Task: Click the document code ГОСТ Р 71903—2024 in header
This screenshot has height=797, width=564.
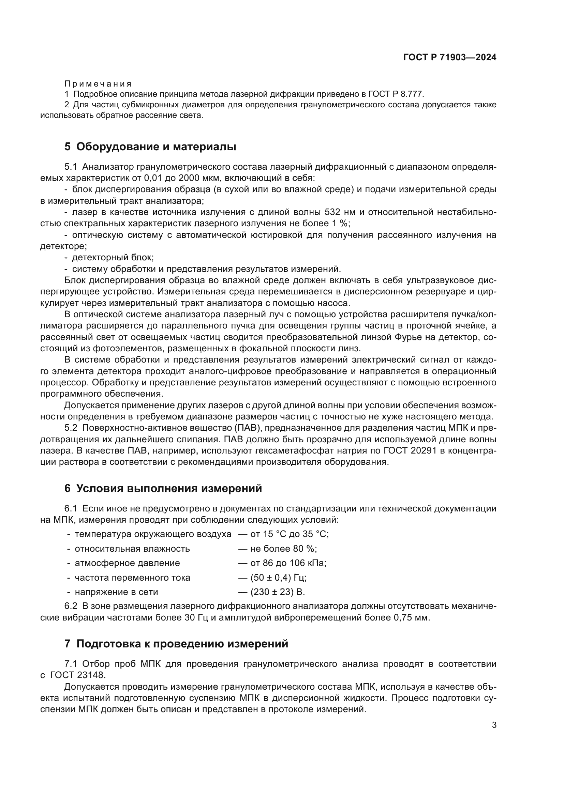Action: pyautogui.click(x=450, y=58)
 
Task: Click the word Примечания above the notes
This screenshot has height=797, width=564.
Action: pyautogui.click(x=98, y=84)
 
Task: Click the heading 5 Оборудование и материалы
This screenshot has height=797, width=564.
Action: pyautogui.click(x=150, y=147)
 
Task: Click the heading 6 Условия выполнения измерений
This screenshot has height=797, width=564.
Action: pyautogui.click(x=163, y=488)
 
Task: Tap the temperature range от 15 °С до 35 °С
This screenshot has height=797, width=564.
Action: pyautogui.click(x=289, y=534)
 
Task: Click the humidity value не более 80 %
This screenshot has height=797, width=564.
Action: pyautogui.click(x=283, y=549)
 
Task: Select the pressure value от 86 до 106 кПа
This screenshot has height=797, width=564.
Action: pyautogui.click(x=288, y=563)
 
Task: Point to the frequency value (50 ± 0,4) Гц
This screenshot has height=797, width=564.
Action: pyautogui.click(x=278, y=578)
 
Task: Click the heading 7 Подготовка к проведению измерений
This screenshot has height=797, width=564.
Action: pyautogui.click(x=176, y=644)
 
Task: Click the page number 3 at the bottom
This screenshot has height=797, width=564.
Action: pyautogui.click(x=494, y=725)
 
